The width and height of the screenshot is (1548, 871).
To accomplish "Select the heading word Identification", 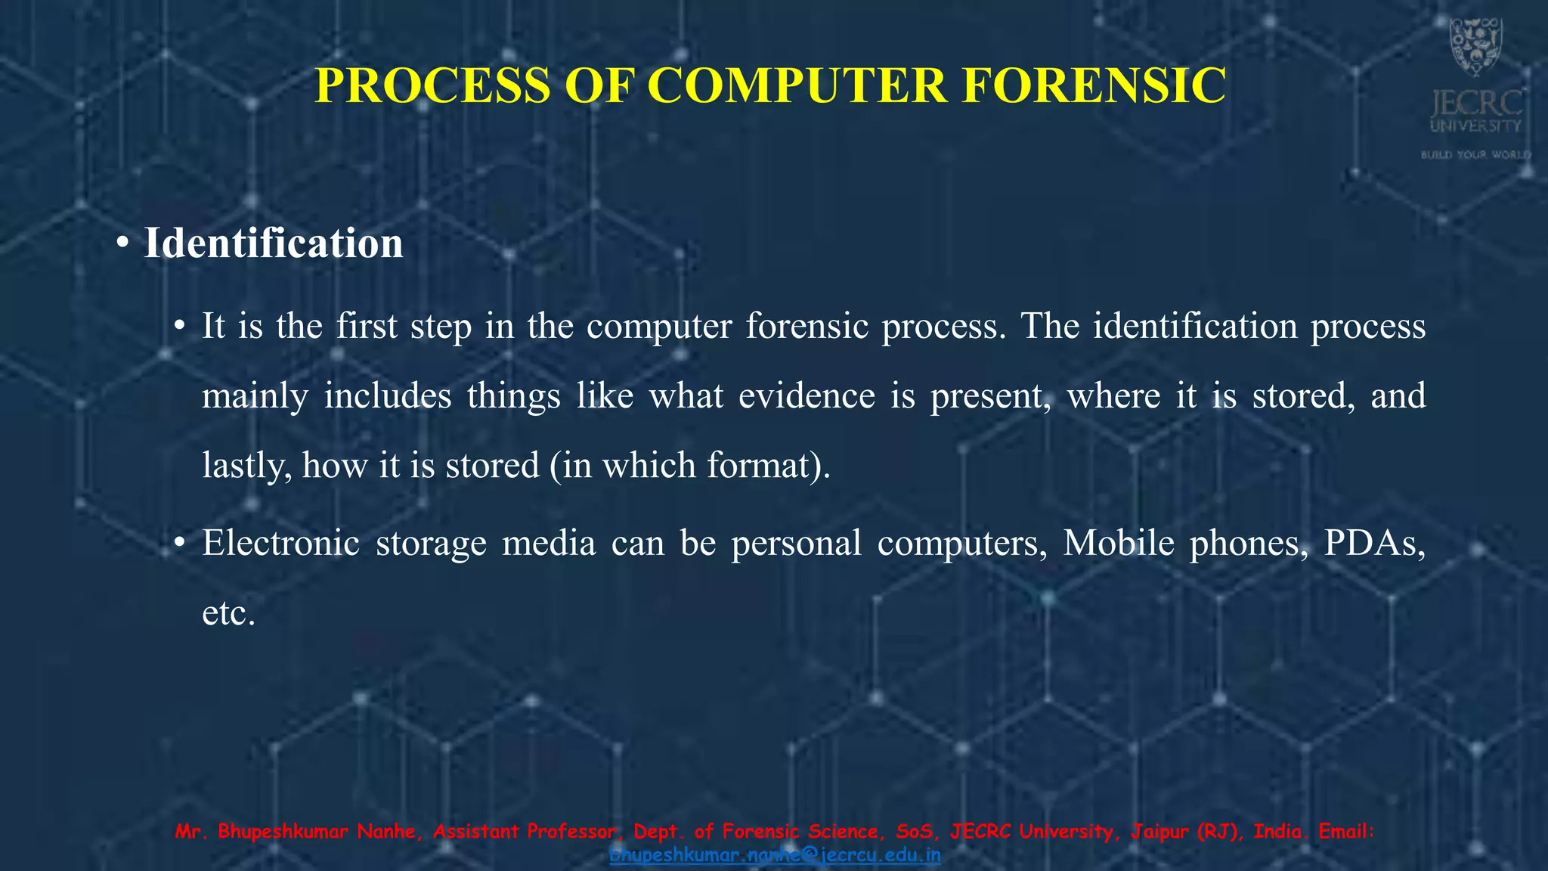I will (274, 243).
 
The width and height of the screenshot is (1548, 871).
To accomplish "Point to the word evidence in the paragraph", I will (807, 395).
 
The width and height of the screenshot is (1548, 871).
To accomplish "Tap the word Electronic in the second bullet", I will (280, 543).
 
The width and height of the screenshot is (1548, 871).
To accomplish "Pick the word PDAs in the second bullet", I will (1373, 543).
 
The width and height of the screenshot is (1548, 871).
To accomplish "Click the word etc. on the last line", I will (229, 612).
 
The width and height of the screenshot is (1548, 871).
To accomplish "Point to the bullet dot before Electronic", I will (179, 544).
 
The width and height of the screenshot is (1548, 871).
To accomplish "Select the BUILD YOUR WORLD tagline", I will (1475, 155).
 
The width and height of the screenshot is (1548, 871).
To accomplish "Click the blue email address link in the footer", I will (775, 855).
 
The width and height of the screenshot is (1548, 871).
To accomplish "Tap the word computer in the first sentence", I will (659, 326).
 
